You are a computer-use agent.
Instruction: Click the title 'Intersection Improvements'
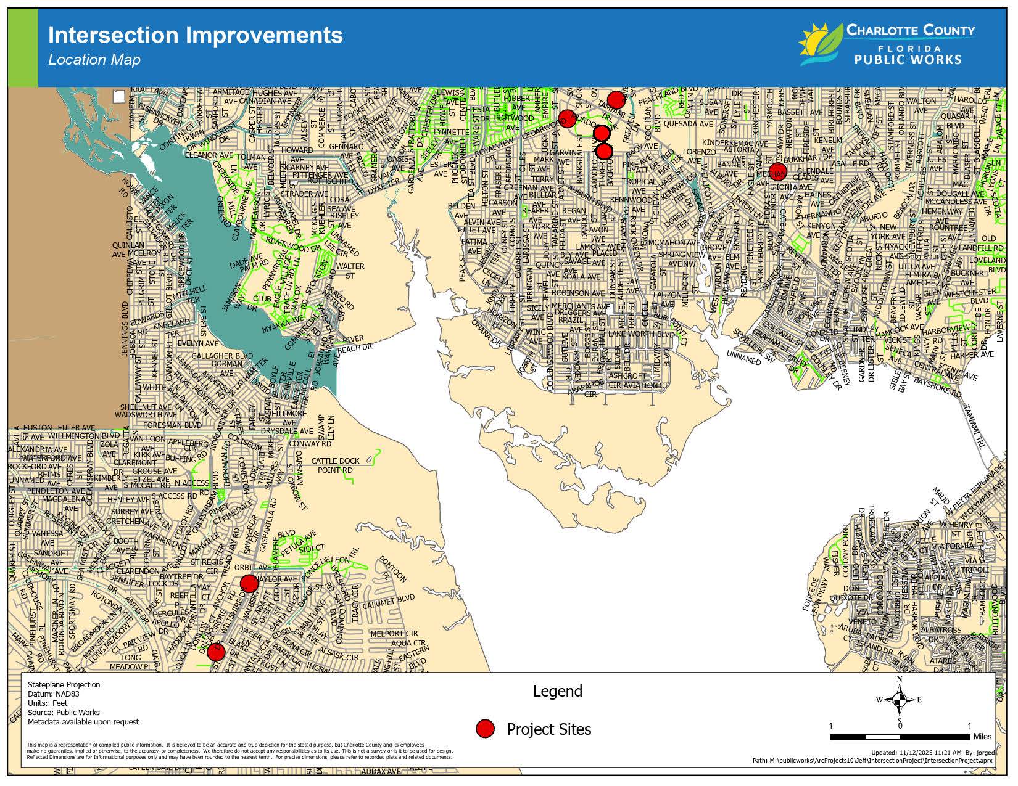(x=195, y=35)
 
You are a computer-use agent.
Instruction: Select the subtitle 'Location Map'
(x=94, y=60)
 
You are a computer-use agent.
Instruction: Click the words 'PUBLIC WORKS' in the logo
(x=907, y=60)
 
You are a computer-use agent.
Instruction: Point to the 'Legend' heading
(x=557, y=691)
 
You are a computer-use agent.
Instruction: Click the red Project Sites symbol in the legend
(x=486, y=729)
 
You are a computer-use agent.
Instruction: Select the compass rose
(x=900, y=699)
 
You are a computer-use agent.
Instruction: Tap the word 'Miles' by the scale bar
(x=982, y=737)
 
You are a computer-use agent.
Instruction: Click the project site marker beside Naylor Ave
(x=248, y=583)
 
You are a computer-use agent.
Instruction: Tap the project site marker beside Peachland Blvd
(x=616, y=100)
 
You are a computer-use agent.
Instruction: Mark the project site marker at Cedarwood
(x=566, y=118)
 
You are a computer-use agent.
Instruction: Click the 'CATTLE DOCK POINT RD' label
(x=335, y=465)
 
